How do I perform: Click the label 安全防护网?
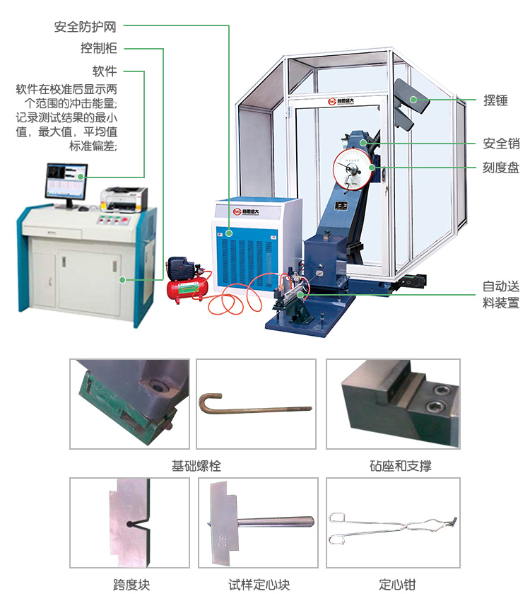[x=85, y=27]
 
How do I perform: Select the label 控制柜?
[x=98, y=49]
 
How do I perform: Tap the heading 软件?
[x=105, y=71]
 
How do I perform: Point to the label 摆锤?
[x=495, y=100]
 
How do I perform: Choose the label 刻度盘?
[x=501, y=168]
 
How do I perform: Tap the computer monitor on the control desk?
[x=65, y=181]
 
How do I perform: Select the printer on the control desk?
[x=124, y=197]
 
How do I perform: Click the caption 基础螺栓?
[x=196, y=466]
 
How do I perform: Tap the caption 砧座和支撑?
[x=400, y=466]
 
